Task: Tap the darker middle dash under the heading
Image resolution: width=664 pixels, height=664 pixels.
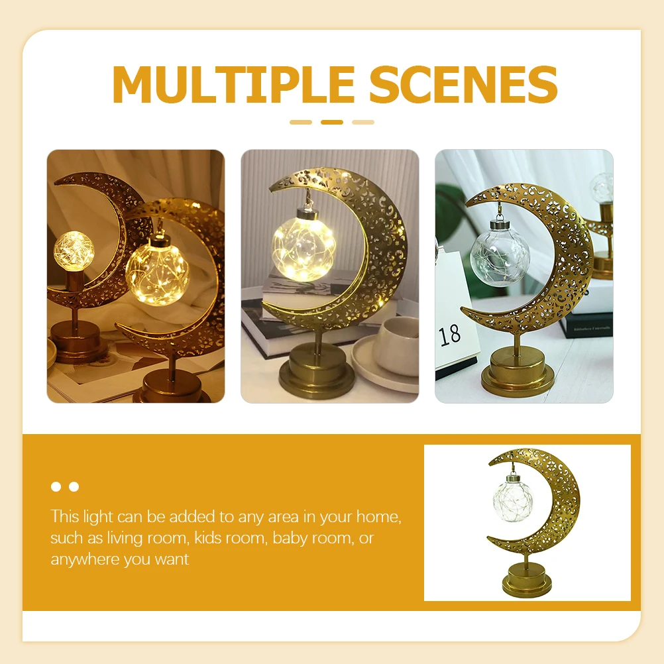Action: pos(332,122)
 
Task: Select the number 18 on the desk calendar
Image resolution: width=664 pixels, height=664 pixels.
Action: pos(450,334)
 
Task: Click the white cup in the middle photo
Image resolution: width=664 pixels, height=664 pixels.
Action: pos(396,345)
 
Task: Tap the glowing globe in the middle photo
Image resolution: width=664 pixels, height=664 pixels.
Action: pos(304,248)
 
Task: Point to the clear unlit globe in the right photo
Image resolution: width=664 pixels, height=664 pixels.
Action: pos(500,257)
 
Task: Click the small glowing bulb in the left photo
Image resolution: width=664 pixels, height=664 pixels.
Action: pos(74,251)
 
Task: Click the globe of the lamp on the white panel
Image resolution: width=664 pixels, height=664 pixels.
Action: pos(511,502)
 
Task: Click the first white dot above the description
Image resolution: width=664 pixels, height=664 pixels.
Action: pos(56,486)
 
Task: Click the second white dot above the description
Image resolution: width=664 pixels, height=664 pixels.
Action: pos(74,486)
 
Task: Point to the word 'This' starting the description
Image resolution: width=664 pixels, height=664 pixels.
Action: pos(65,516)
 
